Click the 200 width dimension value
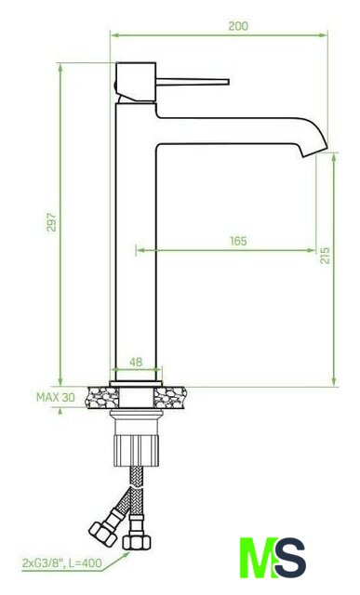point(238,26)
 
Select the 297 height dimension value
point(51,222)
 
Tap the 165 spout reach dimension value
point(238,241)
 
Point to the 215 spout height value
point(325,256)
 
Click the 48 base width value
point(136,362)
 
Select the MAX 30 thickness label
point(56,397)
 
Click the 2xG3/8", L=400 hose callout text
point(62,562)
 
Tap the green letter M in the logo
point(258,557)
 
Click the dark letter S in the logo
point(290,557)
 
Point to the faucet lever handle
point(193,82)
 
